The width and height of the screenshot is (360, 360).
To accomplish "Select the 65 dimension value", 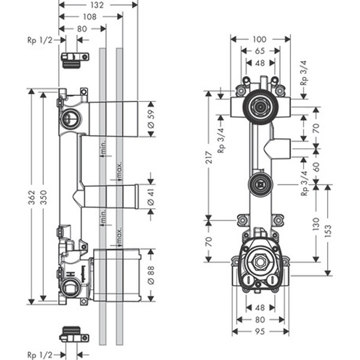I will coord(260,52).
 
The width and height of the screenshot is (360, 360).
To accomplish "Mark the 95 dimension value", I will coord(260,331).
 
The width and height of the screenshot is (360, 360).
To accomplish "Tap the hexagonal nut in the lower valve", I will coord(260,263).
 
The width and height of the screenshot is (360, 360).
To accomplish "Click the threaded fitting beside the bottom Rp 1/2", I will coord(73,333).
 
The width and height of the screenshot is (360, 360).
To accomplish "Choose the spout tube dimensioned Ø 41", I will coord(111,195).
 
